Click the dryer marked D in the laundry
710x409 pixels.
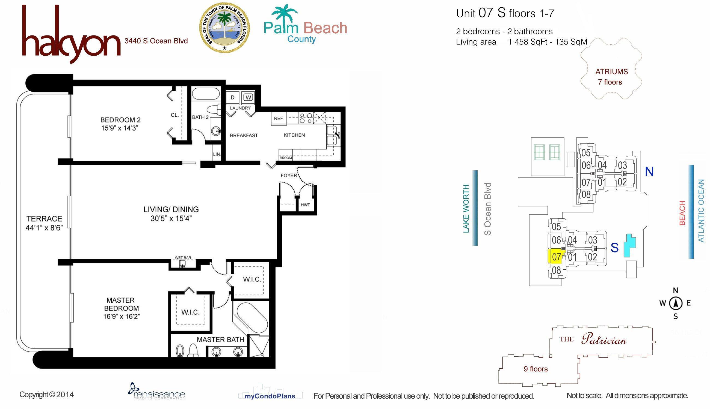(233, 97)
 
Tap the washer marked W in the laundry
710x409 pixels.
(248, 97)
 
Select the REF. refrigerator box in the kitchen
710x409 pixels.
(279, 118)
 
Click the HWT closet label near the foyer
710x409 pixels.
(305, 205)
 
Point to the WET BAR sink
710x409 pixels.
(183, 264)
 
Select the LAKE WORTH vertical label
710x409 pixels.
(466, 208)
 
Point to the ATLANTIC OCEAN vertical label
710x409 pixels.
(701, 211)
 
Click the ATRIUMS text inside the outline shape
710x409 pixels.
(611, 72)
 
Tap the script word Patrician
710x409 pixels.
(604, 340)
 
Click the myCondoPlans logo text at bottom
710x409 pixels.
(270, 396)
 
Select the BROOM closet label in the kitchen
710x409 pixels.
(286, 158)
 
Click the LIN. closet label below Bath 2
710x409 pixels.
(217, 154)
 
